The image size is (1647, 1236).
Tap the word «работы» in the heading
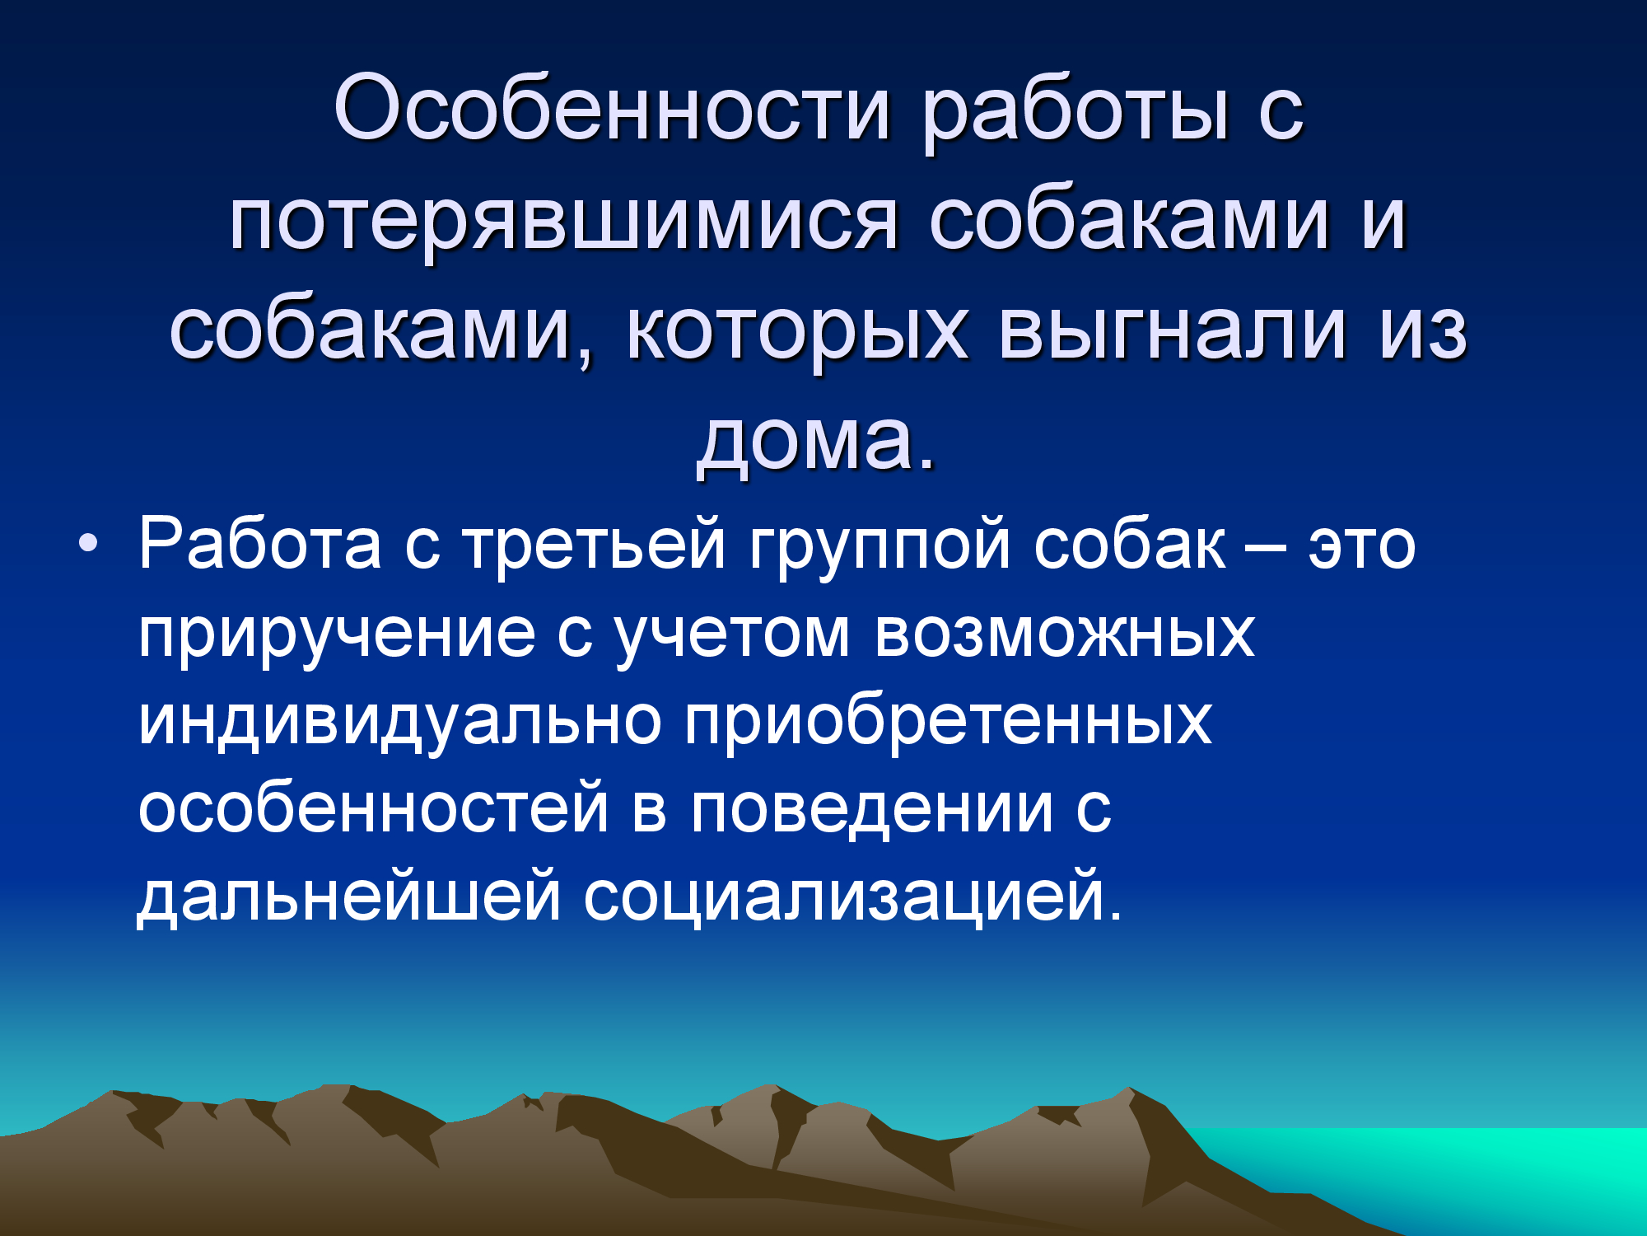pyautogui.click(x=1075, y=115)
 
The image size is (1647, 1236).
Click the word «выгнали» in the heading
pyautogui.click(x=1173, y=330)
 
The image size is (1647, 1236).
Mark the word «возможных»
pyautogui.click(x=1064, y=634)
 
